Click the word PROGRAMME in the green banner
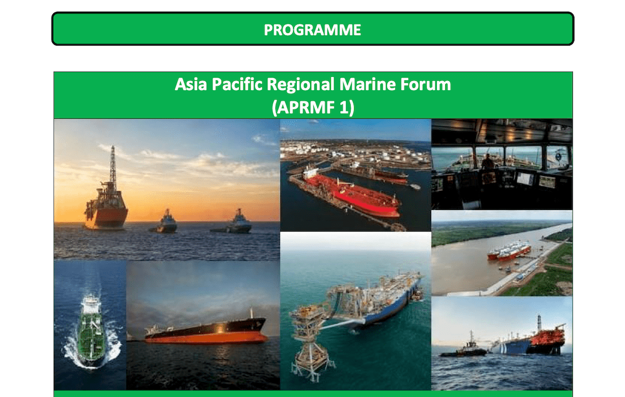coord(312,30)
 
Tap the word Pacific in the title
coord(237,85)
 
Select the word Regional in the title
coord(301,85)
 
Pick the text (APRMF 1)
coord(313,107)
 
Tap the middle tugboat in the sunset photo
coord(164,222)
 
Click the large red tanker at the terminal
coord(351,194)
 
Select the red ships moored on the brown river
coord(510,250)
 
